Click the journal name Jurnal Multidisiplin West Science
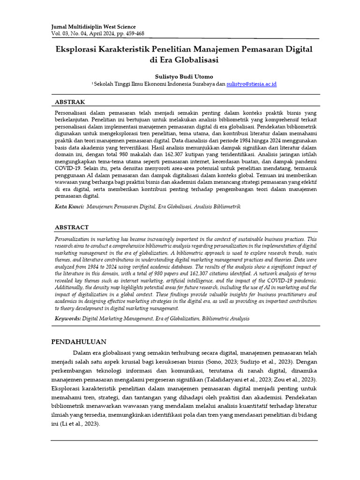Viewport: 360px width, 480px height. [93, 27]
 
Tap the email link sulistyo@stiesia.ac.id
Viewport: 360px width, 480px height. [251, 83]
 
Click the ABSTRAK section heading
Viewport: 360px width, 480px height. [70, 102]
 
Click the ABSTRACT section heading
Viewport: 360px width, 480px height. [72, 227]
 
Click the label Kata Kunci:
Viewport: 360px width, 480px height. [69, 206]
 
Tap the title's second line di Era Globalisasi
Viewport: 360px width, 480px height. [184, 60]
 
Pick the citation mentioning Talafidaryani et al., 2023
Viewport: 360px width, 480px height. [234, 379]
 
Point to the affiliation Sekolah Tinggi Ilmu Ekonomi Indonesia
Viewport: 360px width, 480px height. [148, 83]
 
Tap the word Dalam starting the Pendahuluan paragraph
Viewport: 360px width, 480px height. [82, 352]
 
